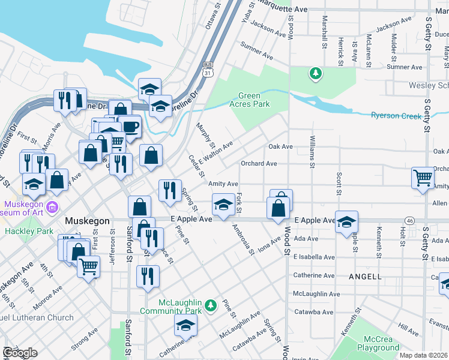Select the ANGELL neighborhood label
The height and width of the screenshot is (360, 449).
[x=364, y=277]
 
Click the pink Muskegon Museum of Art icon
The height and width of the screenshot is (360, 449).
[x=52, y=208]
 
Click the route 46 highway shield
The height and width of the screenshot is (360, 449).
[x=409, y=221]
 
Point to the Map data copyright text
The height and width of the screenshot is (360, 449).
[x=423, y=355]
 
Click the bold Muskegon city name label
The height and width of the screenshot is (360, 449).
[x=87, y=221]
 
